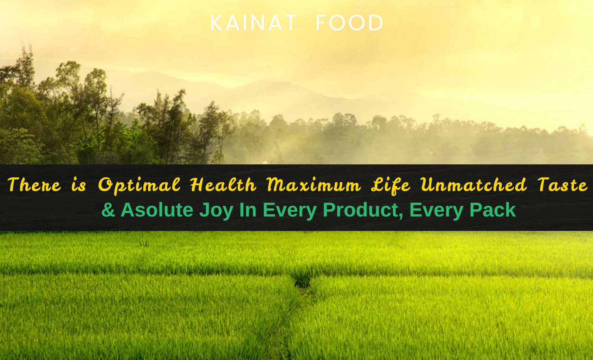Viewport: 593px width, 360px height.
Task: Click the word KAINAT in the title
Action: click(253, 23)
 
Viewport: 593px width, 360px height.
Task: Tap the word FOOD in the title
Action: click(349, 23)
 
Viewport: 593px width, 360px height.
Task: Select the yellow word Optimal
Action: click(139, 186)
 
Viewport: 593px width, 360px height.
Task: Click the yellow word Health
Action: click(223, 184)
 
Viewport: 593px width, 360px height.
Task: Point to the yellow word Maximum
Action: click(314, 185)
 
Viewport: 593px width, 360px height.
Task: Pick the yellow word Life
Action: click(391, 186)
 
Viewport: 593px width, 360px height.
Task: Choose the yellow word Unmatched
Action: click(473, 184)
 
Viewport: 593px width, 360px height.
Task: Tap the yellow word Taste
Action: click(562, 185)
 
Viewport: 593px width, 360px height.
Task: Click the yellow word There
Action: click(34, 185)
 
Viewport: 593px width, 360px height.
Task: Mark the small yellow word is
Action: click(79, 185)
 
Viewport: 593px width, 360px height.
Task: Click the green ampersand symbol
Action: click(108, 210)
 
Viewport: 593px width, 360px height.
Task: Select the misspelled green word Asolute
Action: click(157, 210)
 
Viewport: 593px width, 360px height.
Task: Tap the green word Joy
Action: click(217, 211)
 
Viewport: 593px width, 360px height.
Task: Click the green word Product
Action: click(361, 210)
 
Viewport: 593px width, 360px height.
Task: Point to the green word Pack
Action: click(492, 210)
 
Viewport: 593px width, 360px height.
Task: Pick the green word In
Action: click(248, 210)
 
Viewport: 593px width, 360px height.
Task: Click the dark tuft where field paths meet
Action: click(302, 281)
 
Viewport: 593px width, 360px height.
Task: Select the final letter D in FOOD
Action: click(376, 23)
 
